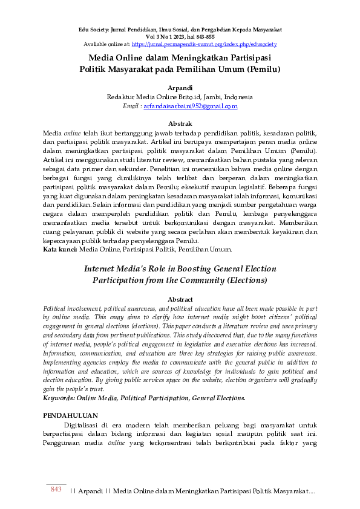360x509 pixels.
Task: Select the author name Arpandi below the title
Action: coord(180,88)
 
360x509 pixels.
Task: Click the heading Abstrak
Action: coord(180,123)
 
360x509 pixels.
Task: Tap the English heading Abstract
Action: coord(180,299)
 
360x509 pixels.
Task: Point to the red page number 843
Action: coord(56,489)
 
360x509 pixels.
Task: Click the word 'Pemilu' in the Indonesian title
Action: coord(263,70)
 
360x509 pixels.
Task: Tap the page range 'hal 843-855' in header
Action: coord(197,37)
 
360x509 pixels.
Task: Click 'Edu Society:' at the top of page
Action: coord(95,30)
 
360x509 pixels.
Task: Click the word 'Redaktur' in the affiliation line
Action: coord(121,97)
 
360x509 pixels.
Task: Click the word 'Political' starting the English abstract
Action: coord(56,308)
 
